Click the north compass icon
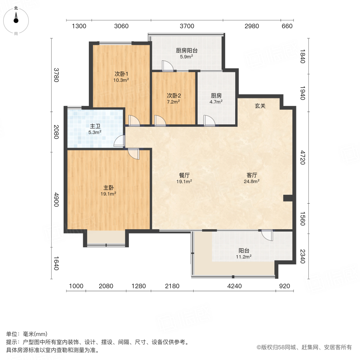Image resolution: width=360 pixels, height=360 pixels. [x=16, y=19]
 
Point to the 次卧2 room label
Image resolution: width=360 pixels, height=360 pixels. [x=174, y=96]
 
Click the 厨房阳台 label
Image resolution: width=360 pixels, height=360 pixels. [x=186, y=51]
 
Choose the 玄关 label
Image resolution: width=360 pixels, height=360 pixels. [x=261, y=106]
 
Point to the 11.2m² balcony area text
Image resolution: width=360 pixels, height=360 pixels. [x=244, y=257]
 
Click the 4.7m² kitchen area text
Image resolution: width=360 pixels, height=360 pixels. [x=216, y=102]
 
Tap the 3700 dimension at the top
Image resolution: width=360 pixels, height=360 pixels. [x=187, y=26]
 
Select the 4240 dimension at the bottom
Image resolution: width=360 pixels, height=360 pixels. [x=234, y=286]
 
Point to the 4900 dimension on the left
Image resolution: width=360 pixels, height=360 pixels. [x=56, y=200]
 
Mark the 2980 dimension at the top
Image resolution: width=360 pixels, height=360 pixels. [x=252, y=26]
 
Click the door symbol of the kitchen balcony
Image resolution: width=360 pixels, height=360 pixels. [x=166, y=66]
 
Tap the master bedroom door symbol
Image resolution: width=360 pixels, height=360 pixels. [x=134, y=153]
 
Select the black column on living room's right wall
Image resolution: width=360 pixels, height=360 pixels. [x=288, y=198]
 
